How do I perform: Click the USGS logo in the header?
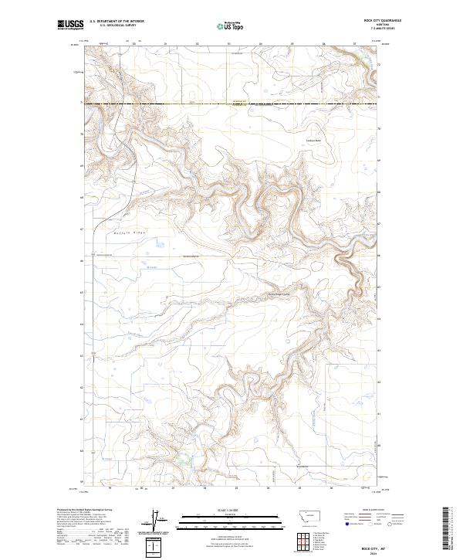70,25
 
